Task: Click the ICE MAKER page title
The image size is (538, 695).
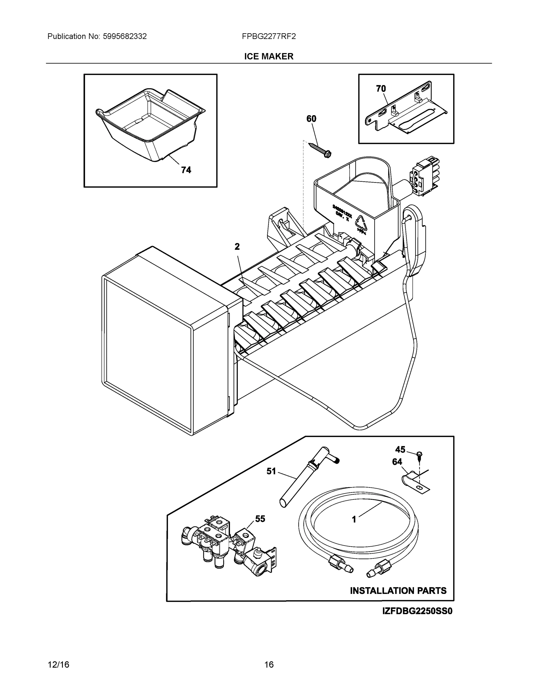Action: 268,56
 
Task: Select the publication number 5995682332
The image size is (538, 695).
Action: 124,36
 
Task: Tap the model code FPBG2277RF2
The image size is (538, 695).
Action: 268,36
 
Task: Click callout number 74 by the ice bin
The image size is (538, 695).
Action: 186,170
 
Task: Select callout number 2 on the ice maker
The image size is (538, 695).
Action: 237,246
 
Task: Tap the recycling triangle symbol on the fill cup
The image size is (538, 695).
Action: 361,224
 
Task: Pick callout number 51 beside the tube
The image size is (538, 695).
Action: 271,471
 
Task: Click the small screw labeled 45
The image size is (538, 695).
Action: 419,454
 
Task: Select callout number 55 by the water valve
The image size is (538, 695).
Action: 260,519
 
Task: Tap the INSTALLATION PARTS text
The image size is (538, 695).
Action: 398,591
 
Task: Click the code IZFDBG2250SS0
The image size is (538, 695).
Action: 417,611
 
